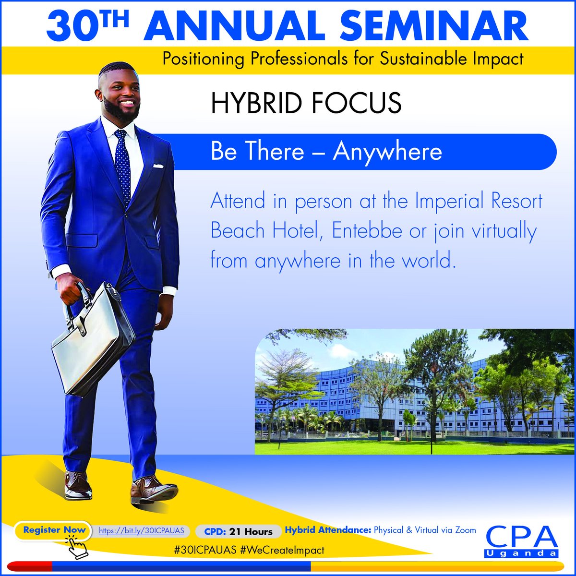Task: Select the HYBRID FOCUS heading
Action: click(306, 103)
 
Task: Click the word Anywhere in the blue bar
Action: click(387, 152)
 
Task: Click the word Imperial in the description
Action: click(465, 201)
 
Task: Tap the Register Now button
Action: click(54, 530)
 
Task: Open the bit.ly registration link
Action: click(142, 531)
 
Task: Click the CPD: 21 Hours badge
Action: click(238, 531)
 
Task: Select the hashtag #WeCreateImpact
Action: click(283, 550)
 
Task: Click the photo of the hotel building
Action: click(414, 391)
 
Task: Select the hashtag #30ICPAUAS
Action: click(206, 550)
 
